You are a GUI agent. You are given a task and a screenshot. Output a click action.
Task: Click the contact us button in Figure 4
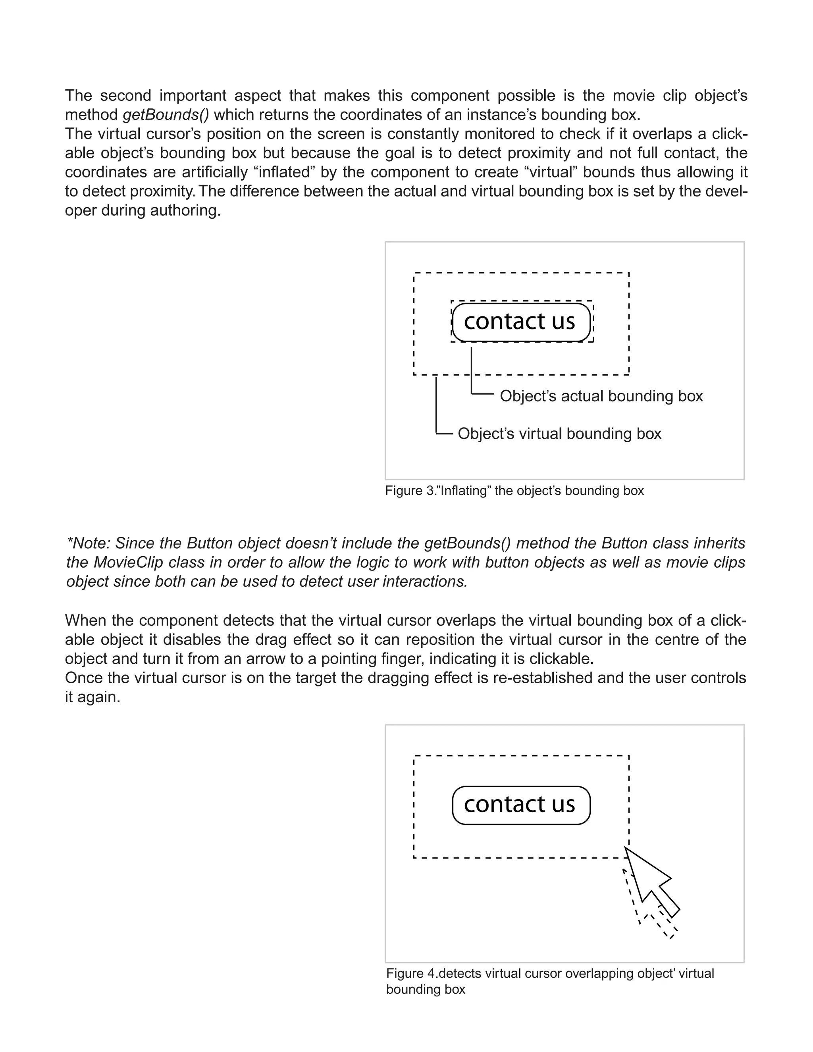(521, 805)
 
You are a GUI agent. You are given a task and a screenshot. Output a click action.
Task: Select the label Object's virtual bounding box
(559, 434)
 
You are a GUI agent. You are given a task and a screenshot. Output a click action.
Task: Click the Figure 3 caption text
(514, 491)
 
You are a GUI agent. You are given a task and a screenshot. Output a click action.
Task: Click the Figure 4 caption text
(549, 973)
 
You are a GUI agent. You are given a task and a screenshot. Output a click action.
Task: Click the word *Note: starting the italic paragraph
(89, 543)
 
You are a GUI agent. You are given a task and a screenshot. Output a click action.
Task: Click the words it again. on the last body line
(92, 697)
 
